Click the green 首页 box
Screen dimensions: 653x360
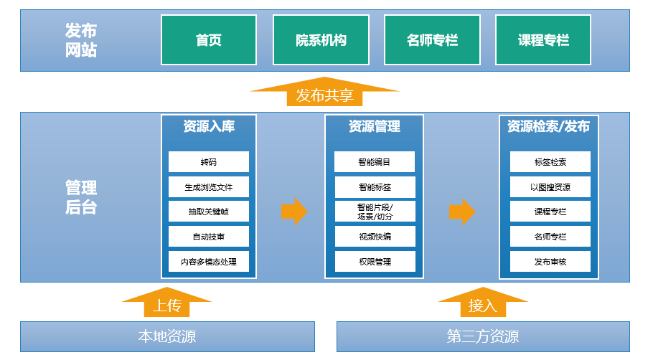pos(209,40)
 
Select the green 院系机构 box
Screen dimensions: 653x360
pos(321,40)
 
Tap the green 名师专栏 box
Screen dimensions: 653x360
pos(432,40)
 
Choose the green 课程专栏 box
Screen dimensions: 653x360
pos(543,40)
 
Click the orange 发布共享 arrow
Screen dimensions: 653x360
pos(324,93)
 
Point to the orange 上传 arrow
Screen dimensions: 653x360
pos(167,303)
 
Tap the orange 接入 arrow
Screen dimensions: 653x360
pos(483,303)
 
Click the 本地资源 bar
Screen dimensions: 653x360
pos(167,336)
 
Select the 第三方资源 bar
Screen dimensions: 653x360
pos(483,336)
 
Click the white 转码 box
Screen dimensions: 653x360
pos(209,162)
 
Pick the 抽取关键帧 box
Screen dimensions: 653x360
pos(209,212)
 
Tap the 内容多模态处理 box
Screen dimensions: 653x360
pos(209,262)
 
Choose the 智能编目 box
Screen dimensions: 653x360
pos(375,162)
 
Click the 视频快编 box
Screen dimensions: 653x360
pos(375,237)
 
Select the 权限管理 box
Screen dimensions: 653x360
pos(375,262)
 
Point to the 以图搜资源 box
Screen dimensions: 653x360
pos(550,187)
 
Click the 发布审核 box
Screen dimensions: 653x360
pos(550,262)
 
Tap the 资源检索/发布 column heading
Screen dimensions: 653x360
pos(548,126)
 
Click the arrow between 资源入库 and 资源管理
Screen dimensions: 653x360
pos(294,212)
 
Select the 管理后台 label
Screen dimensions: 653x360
pos(81,197)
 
